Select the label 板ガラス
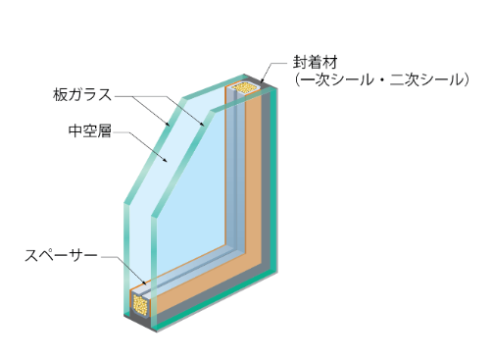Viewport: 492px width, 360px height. pyautogui.click(x=84, y=94)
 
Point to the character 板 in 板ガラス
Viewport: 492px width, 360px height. pyautogui.click(x=60, y=94)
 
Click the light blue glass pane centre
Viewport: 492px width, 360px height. pyautogui.click(x=186, y=186)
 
